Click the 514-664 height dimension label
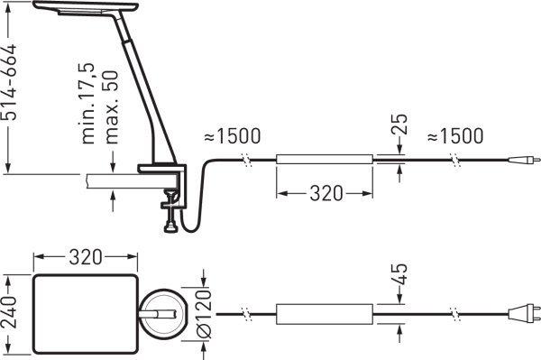(9, 82)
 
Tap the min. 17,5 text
(88, 103)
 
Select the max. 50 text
(111, 107)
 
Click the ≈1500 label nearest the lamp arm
(233, 135)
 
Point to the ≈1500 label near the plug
(455, 135)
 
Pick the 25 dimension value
(399, 124)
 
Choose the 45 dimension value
(399, 273)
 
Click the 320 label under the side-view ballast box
(326, 193)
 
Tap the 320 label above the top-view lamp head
(86, 257)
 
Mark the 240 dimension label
(9, 311)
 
